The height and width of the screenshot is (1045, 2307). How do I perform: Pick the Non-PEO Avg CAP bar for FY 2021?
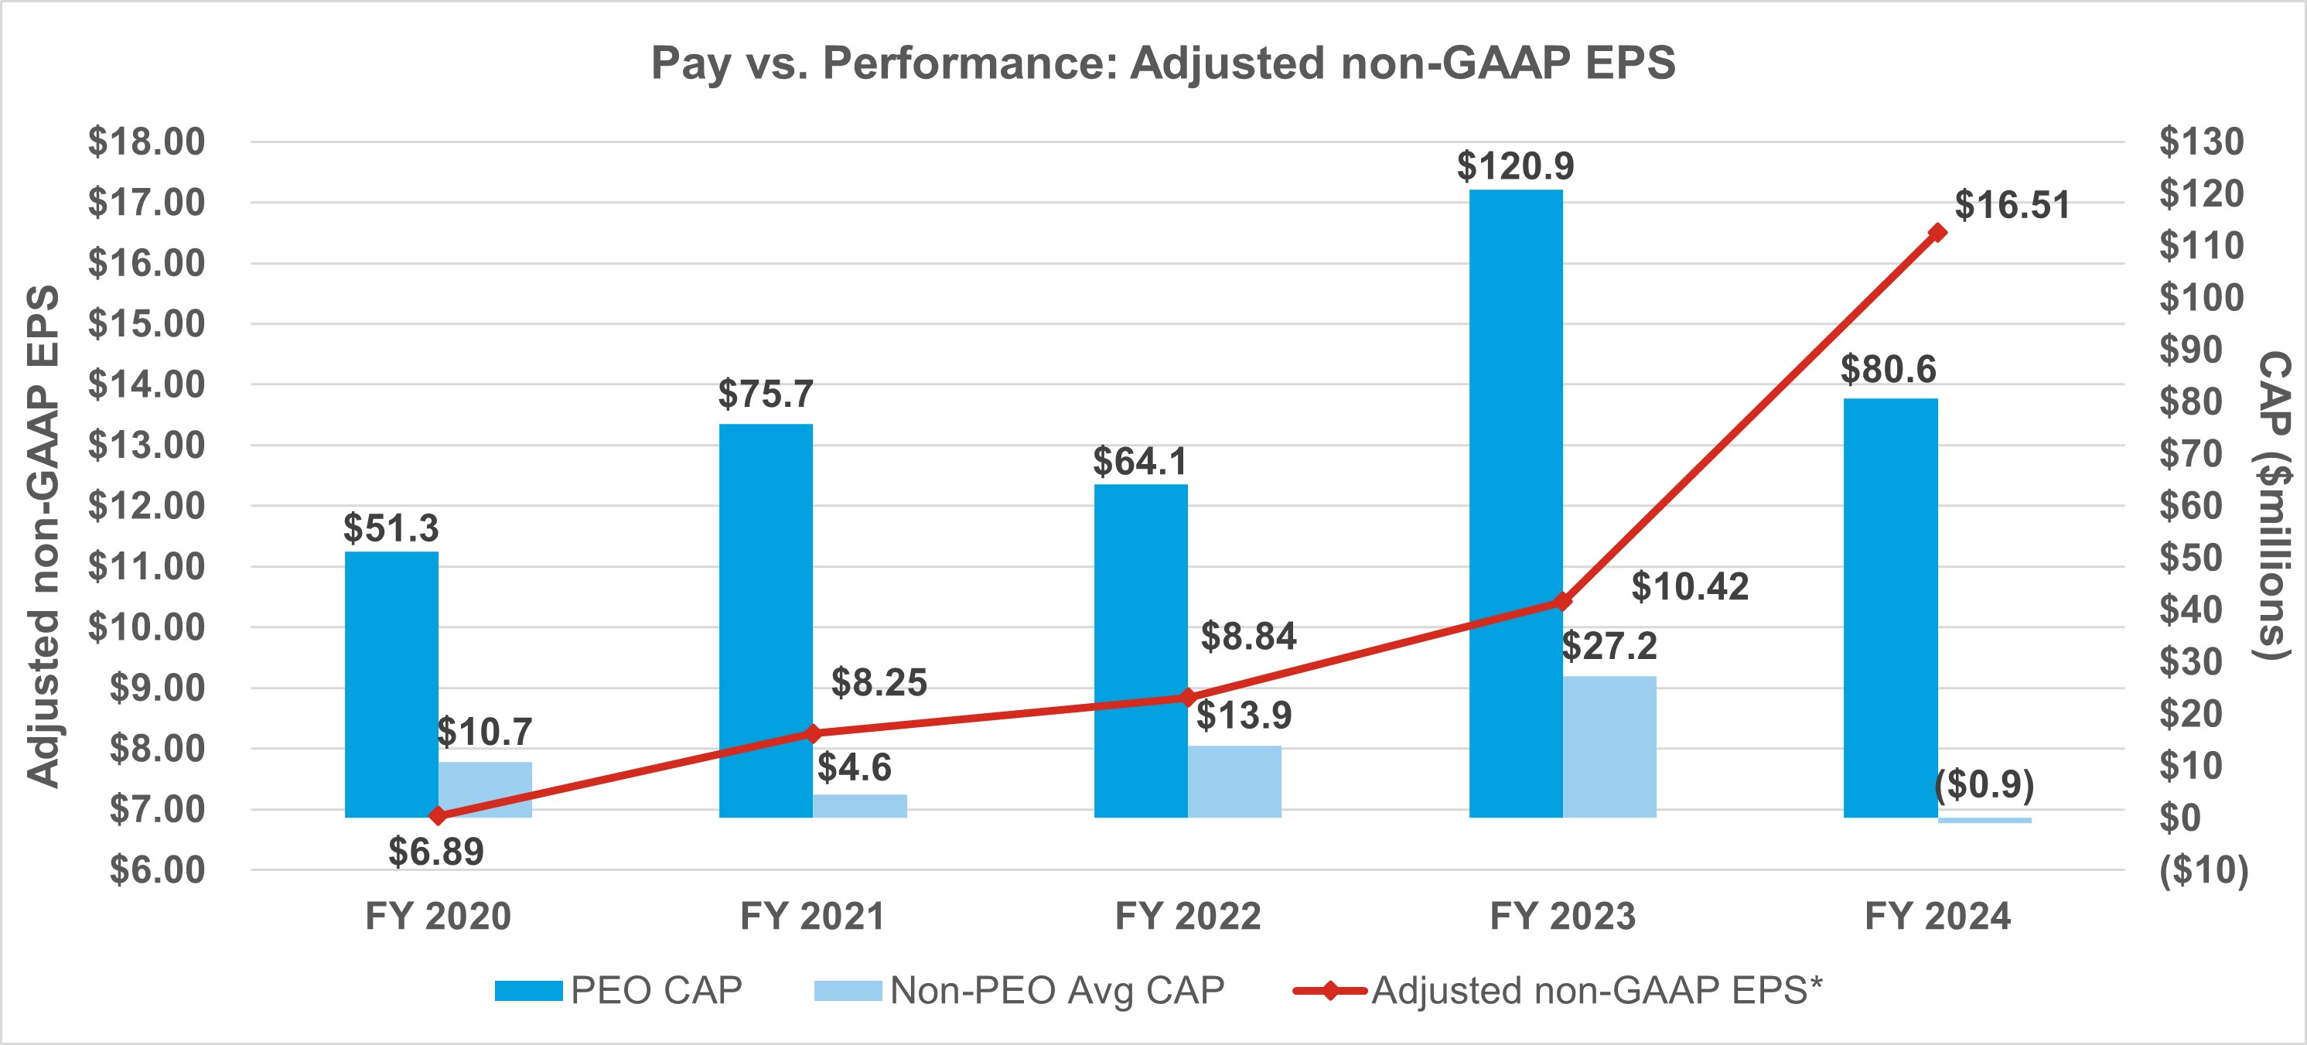[860, 805]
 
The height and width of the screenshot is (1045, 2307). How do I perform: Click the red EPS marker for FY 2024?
[1937, 233]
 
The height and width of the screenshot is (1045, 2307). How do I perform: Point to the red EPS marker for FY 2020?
[438, 816]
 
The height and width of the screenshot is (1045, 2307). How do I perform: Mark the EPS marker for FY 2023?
[1563, 601]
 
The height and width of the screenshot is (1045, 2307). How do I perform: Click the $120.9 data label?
[1515, 166]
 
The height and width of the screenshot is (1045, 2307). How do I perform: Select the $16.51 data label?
[2012, 205]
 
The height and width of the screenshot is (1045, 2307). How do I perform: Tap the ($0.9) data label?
[1984, 784]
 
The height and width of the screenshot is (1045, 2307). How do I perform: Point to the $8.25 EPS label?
[879, 682]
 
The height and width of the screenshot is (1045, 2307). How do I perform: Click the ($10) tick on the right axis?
[2203, 869]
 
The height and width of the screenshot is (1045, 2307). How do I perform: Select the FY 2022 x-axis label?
[1188, 916]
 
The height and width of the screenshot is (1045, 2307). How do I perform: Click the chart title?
[1162, 63]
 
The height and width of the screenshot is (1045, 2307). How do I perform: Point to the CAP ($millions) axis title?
[2272, 505]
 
